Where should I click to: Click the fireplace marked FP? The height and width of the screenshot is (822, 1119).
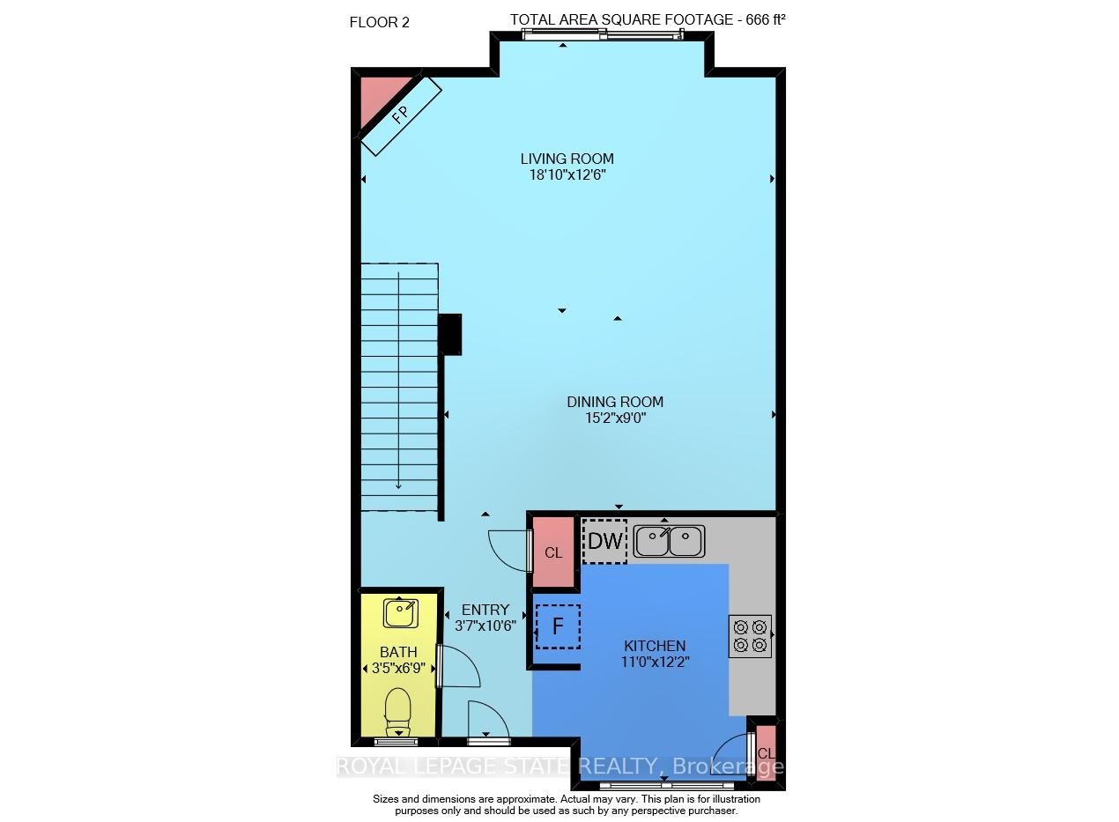coord(400,115)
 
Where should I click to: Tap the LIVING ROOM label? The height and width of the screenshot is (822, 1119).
coord(567,159)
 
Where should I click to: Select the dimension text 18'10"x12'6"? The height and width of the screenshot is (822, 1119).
coord(567,174)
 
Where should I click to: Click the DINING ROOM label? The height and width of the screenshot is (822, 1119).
coord(614,402)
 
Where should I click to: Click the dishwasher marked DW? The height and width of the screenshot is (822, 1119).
coord(604,541)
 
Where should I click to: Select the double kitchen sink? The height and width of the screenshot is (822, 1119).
coord(669,541)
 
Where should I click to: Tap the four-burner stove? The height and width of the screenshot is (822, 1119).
coord(750,636)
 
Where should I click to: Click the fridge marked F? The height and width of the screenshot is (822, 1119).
coord(557,626)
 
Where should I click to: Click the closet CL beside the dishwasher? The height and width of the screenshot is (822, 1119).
coord(553,552)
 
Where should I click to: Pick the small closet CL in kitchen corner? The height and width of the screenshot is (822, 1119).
coord(766,752)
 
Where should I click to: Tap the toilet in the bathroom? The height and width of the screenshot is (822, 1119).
coord(398,707)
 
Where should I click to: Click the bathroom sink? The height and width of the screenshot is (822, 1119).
coord(401,611)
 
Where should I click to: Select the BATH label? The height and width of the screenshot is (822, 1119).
coord(398,652)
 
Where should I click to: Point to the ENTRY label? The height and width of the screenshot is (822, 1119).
coord(485,610)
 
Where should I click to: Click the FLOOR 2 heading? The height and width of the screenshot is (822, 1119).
coord(380,23)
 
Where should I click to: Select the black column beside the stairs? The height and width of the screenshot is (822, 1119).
coord(449,335)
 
